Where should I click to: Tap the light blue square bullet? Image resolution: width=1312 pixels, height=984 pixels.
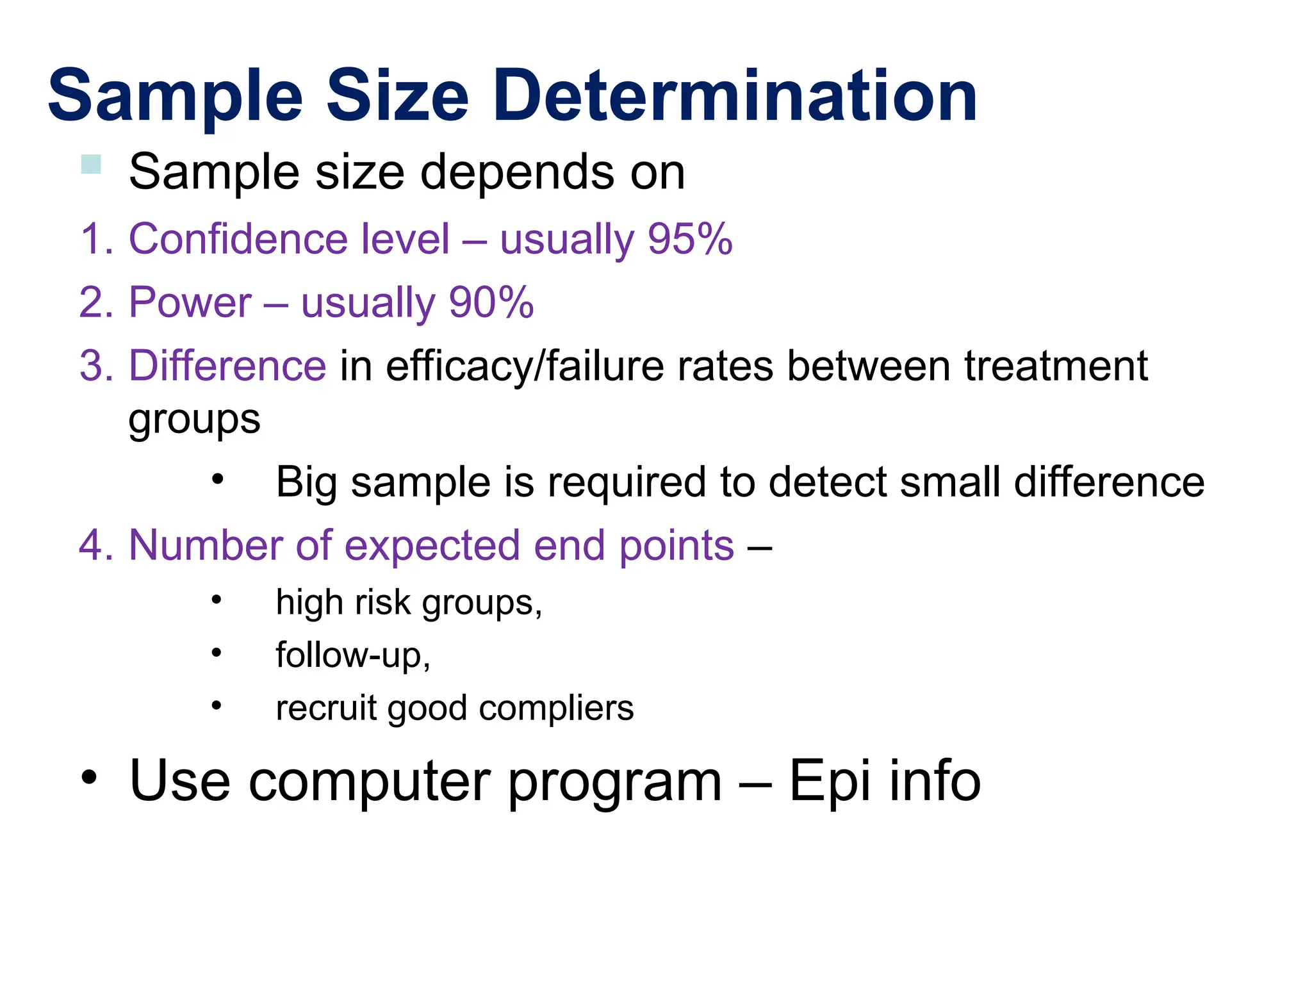91,165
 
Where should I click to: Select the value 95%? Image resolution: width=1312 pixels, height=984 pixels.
689,239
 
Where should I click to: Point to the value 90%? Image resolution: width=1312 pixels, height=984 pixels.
491,302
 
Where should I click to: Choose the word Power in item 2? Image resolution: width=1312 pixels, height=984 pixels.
190,302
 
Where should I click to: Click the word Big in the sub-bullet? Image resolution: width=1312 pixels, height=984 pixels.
306,482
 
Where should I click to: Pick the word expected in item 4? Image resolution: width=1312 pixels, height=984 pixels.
432,546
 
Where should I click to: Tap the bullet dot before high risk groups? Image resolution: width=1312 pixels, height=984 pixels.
217,600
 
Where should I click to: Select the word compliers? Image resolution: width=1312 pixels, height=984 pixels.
556,709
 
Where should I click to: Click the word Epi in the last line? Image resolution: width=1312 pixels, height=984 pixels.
830,780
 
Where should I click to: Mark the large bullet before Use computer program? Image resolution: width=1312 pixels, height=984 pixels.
89,777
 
